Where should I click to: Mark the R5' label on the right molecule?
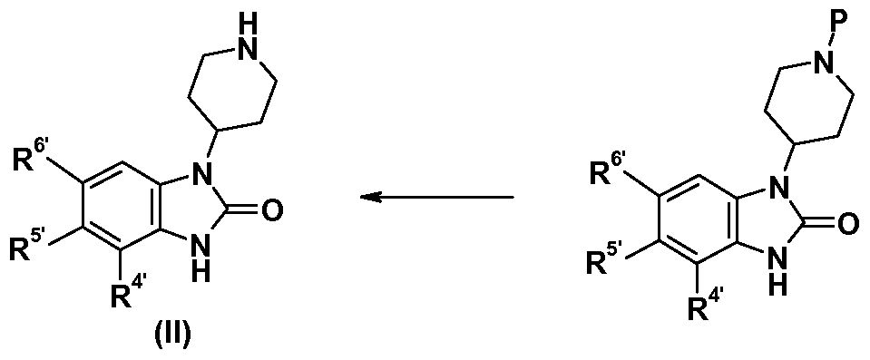pyautogui.click(x=602, y=266)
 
